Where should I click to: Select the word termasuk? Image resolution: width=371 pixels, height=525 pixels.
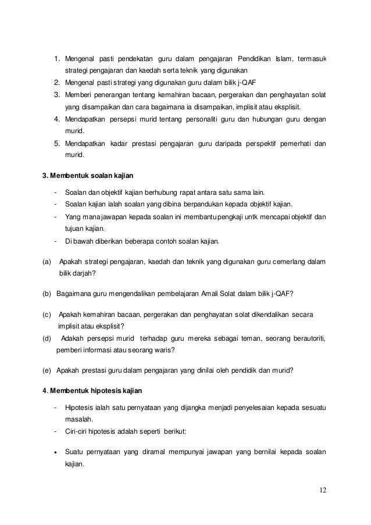click(312, 59)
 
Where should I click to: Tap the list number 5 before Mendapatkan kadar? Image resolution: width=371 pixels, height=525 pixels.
click(56, 144)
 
